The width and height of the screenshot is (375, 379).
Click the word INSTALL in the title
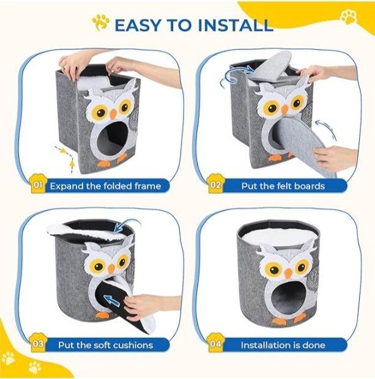pyautogui.click(x=236, y=25)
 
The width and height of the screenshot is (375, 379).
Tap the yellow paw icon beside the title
pyautogui.click(x=100, y=22)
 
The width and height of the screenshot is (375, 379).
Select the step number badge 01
pyautogui.click(x=37, y=185)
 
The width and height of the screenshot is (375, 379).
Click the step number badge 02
pyautogui.click(x=215, y=185)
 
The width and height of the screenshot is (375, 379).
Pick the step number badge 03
pyautogui.click(x=38, y=343)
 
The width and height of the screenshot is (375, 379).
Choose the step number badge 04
pyautogui.click(x=215, y=343)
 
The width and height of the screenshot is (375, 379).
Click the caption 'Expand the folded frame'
pyautogui.click(x=105, y=186)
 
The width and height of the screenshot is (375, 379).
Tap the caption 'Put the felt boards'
pyautogui.click(x=283, y=186)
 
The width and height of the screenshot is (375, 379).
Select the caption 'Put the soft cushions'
pyautogui.click(x=105, y=345)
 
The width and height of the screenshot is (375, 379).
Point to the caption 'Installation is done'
pyautogui.click(x=283, y=345)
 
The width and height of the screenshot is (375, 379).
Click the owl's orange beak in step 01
pyautogui.click(x=113, y=114)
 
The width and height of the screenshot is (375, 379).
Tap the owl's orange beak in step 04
pyautogui.click(x=288, y=273)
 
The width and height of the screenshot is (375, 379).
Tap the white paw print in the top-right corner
pyautogui.click(x=349, y=17)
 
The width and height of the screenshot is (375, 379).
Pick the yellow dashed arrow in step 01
pyautogui.click(x=66, y=157)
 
